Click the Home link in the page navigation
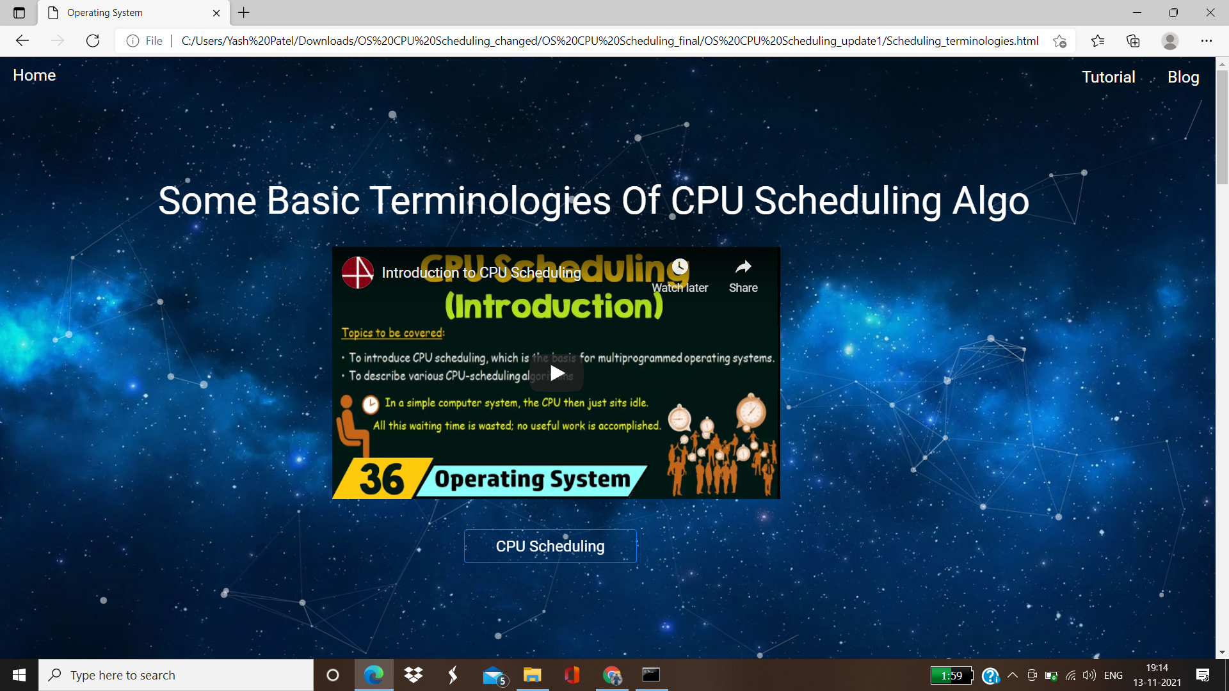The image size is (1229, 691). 35,75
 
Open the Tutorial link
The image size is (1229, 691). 1108,77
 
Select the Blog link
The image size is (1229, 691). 1183,77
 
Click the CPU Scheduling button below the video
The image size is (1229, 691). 550,546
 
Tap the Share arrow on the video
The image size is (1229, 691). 743,267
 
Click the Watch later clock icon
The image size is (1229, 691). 680,267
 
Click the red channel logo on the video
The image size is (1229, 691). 358,273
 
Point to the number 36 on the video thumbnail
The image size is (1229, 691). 382,479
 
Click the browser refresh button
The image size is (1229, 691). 93,41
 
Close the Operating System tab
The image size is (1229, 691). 216,13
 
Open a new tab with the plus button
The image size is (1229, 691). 244,13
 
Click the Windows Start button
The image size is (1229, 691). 19,675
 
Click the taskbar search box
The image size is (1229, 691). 176,675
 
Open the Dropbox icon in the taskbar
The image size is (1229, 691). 414,675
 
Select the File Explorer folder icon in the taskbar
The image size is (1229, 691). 532,675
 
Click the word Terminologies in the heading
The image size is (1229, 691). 438,201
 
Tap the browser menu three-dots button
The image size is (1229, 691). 1207,41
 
